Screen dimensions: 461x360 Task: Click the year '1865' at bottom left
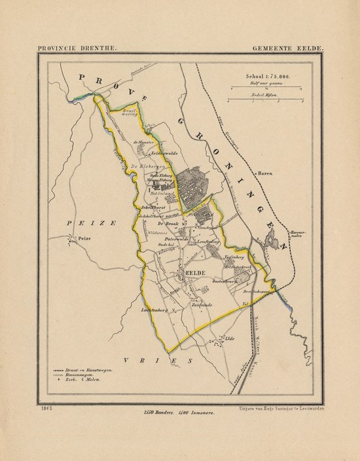tap(47, 409)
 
